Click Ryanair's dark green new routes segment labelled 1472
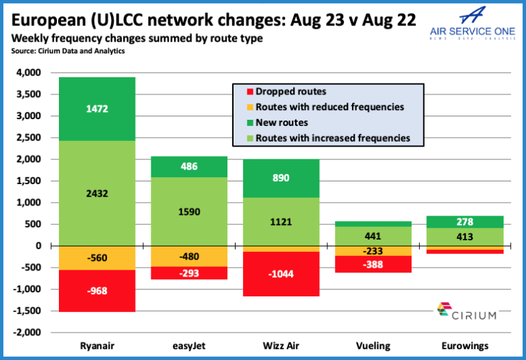coord(97,109)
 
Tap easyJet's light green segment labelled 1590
coord(189,211)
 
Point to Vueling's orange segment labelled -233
coord(373,250)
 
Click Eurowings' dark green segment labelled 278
coord(464,222)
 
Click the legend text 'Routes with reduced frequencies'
coord(329,107)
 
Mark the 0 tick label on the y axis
coord(39,246)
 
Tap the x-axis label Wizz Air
coord(281,346)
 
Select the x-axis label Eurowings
coord(464,346)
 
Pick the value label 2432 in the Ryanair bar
coord(97,194)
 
